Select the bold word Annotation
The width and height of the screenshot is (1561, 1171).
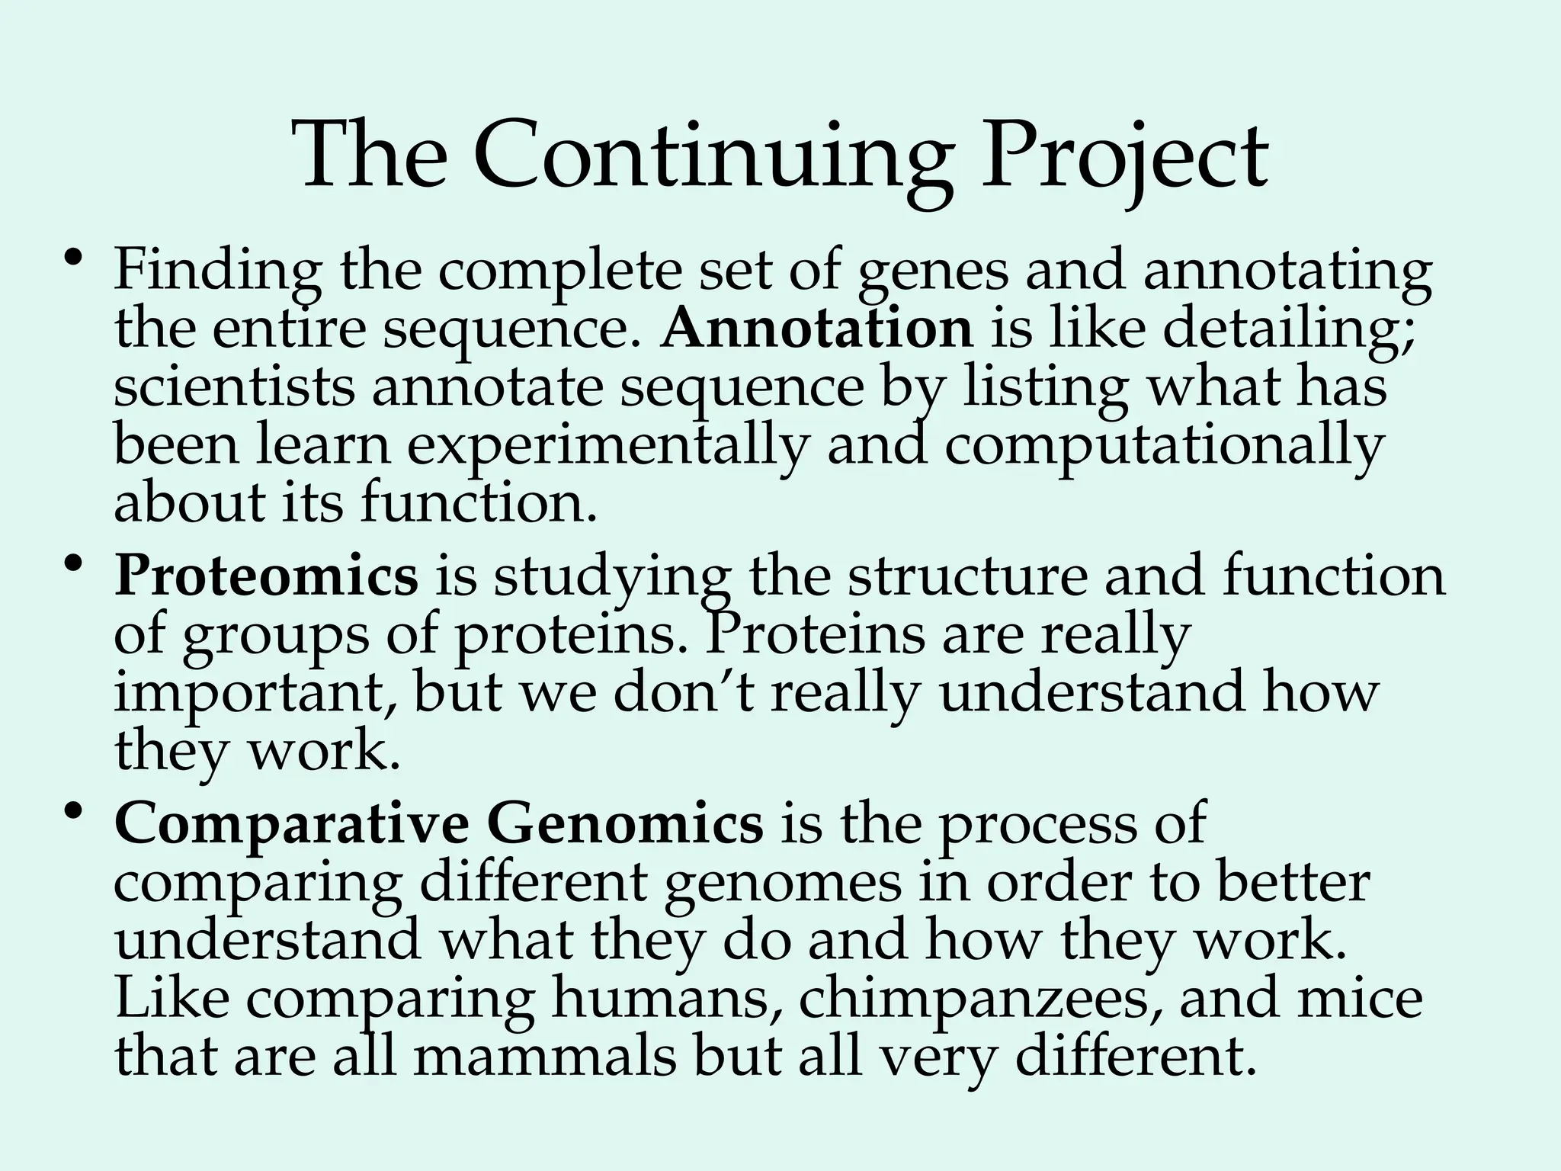[x=817, y=329]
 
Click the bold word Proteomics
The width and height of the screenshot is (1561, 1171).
[x=266, y=577]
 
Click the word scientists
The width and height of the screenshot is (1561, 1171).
[x=234, y=388]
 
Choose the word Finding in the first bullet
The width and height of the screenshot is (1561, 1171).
[x=217, y=272]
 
